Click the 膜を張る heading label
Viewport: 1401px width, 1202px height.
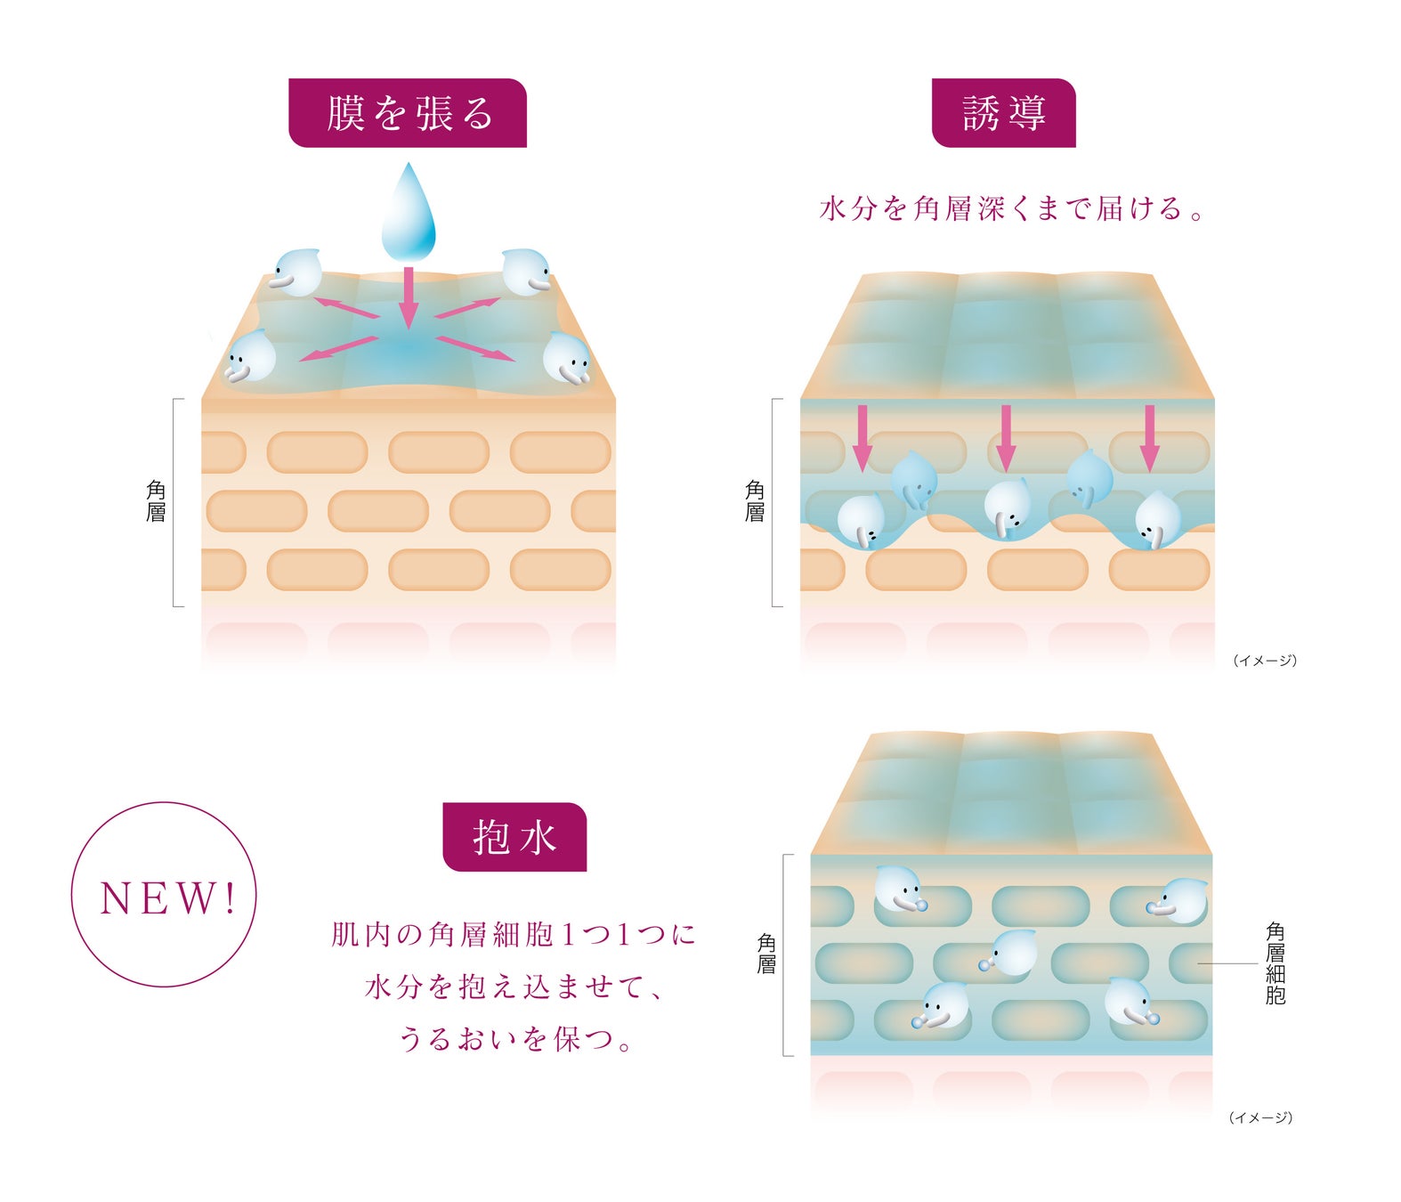tap(408, 113)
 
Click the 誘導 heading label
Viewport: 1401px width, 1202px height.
tap(1003, 113)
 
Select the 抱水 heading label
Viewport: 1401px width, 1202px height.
tap(514, 837)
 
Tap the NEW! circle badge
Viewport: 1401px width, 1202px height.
tap(164, 895)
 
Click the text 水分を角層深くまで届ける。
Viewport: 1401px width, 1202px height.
tap(1011, 208)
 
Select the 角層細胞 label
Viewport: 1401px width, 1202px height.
tap(1275, 963)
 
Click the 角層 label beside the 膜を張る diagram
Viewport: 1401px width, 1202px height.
tap(156, 501)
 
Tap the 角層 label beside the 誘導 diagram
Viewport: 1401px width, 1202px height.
tap(755, 501)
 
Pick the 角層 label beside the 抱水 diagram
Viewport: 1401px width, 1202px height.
tap(766, 954)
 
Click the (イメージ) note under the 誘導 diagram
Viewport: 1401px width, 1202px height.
tap(1265, 661)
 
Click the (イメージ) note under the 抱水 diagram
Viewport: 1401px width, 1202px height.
tap(1260, 1117)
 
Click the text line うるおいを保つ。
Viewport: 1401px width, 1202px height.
tap(514, 1038)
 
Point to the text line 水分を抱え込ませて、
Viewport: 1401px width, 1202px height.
tap(514, 987)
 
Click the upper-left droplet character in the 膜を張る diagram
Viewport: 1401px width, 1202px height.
tap(296, 272)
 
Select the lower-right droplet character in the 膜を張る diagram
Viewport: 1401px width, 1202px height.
tap(567, 359)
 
